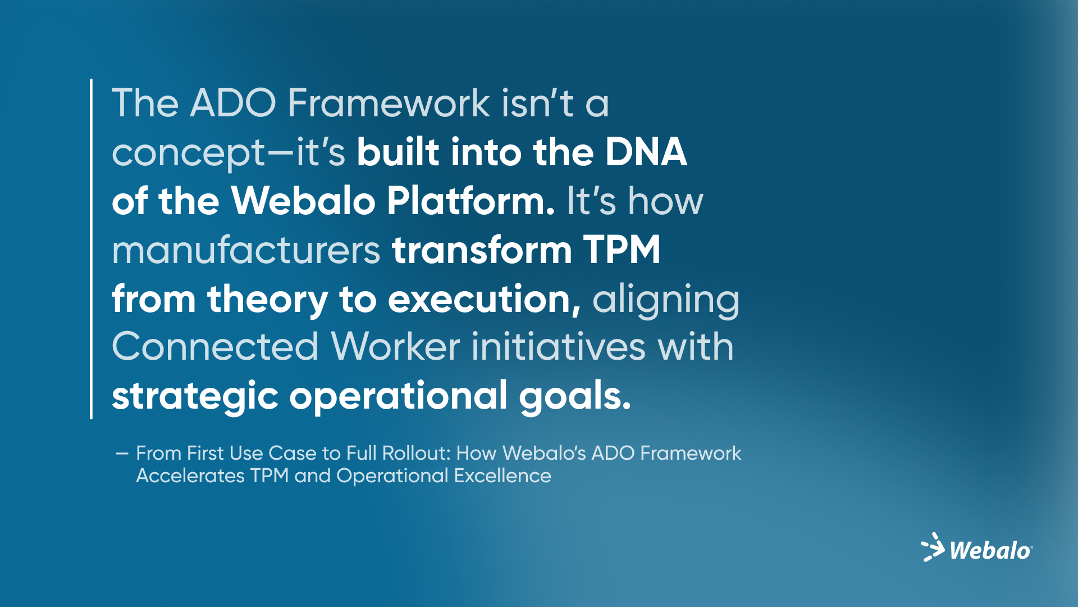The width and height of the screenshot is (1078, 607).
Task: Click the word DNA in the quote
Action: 646,152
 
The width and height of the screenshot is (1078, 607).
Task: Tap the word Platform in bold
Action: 471,201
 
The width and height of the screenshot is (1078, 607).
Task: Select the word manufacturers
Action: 246,251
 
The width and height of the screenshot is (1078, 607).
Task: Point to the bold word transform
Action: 482,250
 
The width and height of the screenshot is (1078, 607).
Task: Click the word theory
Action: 267,300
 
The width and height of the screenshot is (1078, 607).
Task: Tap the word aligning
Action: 666,300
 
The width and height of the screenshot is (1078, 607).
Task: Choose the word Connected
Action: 216,347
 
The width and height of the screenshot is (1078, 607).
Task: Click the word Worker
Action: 395,347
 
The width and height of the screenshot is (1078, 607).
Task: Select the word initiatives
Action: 559,347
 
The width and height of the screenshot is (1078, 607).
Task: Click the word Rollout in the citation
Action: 417,453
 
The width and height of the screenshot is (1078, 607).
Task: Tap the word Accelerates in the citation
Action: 190,476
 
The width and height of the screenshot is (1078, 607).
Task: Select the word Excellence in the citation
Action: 503,476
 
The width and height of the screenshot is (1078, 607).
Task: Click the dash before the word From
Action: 122,454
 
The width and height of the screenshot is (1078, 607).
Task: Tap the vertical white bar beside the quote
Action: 91,249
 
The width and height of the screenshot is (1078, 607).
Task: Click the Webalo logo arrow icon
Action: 933,547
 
